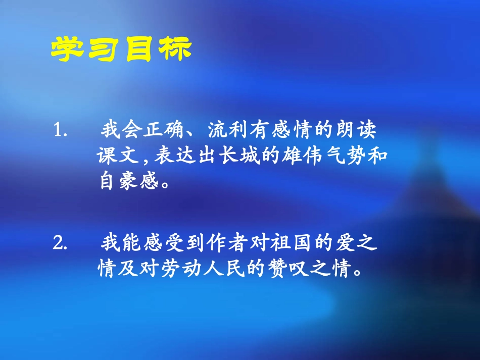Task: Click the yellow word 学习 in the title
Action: [x=86, y=49]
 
